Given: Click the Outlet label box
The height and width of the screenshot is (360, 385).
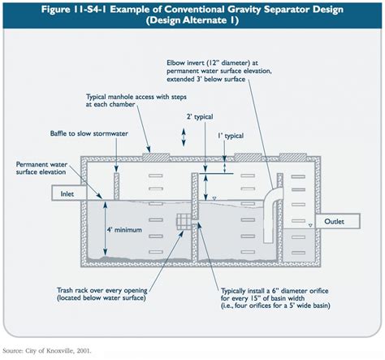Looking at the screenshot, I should pyautogui.click(x=334, y=222).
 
